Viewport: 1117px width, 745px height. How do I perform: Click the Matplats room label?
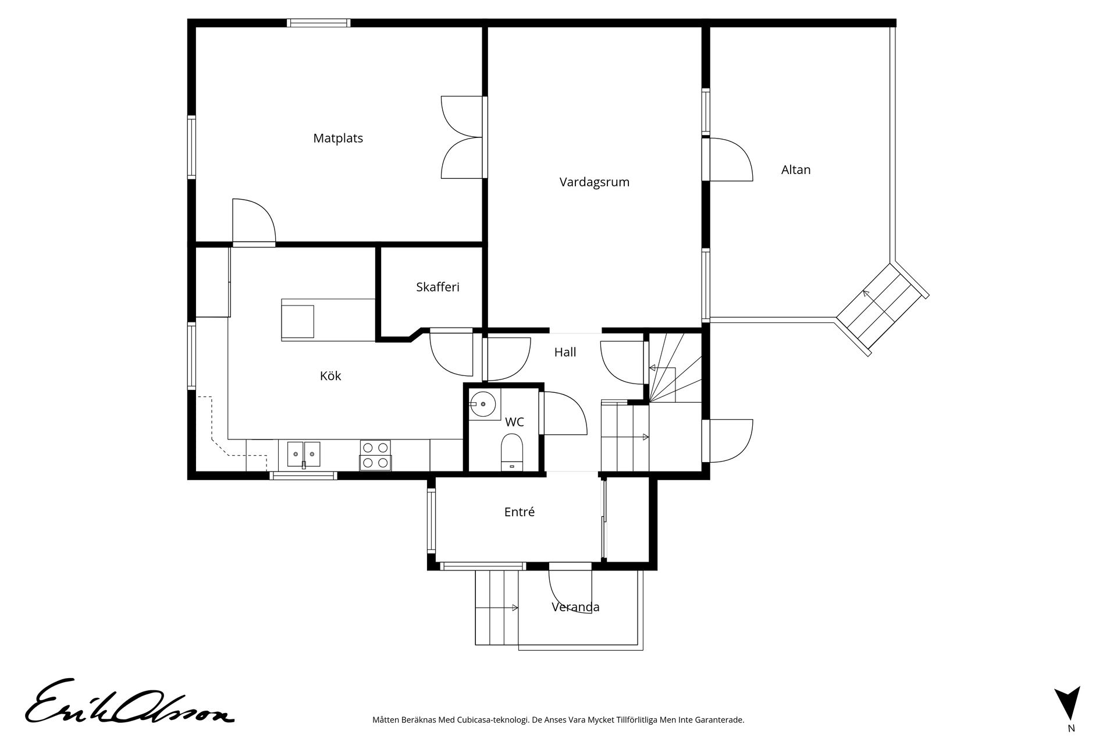tap(338, 139)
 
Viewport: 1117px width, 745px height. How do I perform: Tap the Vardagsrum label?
tap(595, 182)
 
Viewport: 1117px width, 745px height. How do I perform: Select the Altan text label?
tap(796, 170)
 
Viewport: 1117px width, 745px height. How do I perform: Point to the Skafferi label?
tap(437, 287)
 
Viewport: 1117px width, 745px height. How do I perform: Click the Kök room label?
tap(330, 376)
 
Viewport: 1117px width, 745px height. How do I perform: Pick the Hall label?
tap(565, 352)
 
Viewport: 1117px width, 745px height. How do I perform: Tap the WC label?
tap(514, 422)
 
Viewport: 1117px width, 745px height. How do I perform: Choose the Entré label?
tap(519, 512)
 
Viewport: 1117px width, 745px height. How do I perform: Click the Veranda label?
tap(575, 607)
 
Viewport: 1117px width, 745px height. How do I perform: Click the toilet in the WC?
tap(512, 451)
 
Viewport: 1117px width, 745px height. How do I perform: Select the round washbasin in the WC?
tap(483, 404)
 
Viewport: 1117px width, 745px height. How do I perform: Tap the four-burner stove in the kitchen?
tap(375, 455)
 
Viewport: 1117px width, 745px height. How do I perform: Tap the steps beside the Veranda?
tap(497, 608)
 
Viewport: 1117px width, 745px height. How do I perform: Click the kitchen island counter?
tap(328, 320)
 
